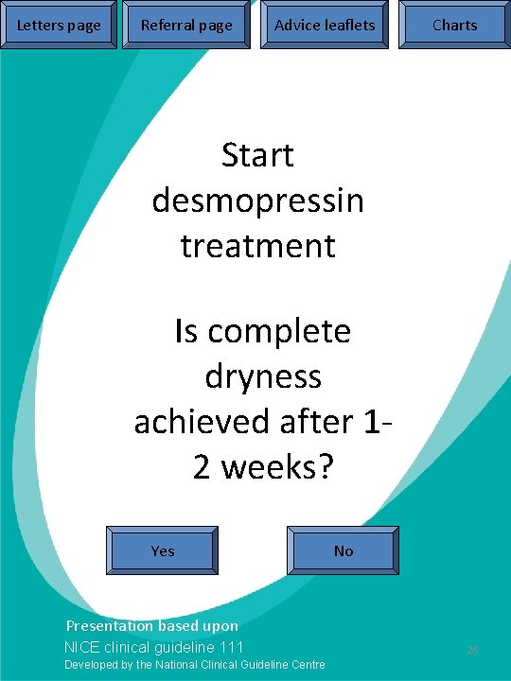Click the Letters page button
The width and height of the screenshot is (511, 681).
coord(59,26)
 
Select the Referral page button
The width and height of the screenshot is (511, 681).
coord(186,26)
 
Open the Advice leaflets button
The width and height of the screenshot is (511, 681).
coord(325,26)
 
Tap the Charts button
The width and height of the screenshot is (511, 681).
coord(454,26)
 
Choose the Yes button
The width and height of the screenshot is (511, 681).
coord(163,550)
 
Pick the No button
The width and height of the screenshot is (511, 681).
coord(344,550)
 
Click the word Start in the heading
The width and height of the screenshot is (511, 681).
coord(257,155)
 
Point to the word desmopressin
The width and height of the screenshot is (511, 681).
coord(257,201)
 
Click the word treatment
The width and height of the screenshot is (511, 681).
coord(257,246)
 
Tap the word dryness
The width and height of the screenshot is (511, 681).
coord(263,377)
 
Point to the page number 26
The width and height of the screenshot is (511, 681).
coord(473,651)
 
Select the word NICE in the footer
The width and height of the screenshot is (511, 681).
coord(79,647)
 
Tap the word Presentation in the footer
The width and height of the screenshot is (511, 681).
coord(108,626)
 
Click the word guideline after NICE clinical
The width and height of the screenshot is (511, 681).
coord(184,647)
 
